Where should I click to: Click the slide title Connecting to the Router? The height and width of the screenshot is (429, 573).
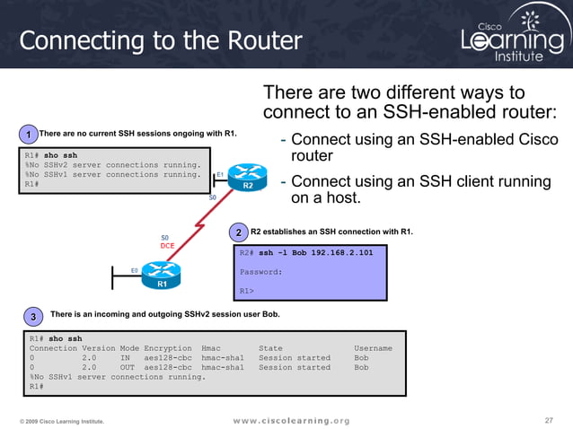[162, 40]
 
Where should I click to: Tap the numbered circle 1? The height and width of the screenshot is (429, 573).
[29, 136]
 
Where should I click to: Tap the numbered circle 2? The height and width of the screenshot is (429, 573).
[238, 233]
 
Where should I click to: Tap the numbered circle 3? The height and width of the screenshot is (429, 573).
[33, 318]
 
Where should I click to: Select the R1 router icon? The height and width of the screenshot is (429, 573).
[163, 273]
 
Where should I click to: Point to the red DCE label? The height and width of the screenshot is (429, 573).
[167, 245]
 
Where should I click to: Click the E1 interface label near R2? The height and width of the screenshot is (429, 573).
[220, 174]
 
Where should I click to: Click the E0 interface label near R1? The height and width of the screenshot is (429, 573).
[134, 269]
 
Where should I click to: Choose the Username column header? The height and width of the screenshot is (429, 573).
[373, 348]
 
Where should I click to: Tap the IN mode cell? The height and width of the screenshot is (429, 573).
[126, 357]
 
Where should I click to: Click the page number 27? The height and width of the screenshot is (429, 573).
[550, 420]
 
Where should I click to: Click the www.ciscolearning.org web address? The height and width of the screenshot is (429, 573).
[291, 420]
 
